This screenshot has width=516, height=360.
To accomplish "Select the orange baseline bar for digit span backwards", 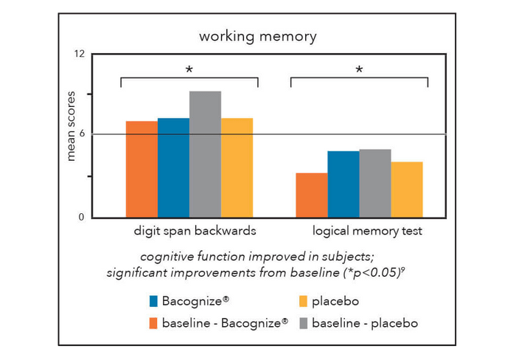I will [x=142, y=169].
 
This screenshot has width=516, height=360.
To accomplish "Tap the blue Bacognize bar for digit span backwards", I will [x=173, y=167].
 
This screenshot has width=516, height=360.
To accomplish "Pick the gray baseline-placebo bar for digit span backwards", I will [x=205, y=154].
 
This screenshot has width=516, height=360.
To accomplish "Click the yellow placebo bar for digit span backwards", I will [x=237, y=167].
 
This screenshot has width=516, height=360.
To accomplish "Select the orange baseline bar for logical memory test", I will [x=311, y=195].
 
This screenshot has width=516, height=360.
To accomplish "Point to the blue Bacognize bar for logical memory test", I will [x=343, y=184].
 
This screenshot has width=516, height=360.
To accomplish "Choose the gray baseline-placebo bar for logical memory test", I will [x=374, y=183].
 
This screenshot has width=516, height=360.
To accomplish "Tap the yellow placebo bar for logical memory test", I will [x=406, y=189].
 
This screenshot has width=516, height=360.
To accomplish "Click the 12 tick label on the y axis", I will [x=79, y=54].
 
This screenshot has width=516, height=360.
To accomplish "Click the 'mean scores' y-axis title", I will [x=72, y=133].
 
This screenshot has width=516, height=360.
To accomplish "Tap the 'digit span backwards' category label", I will [x=195, y=230].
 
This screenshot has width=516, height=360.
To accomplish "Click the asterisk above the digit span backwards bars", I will [x=189, y=70].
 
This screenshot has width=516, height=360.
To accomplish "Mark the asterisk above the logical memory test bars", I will [x=359, y=70].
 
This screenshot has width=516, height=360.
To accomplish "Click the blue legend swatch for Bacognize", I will [x=153, y=301].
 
